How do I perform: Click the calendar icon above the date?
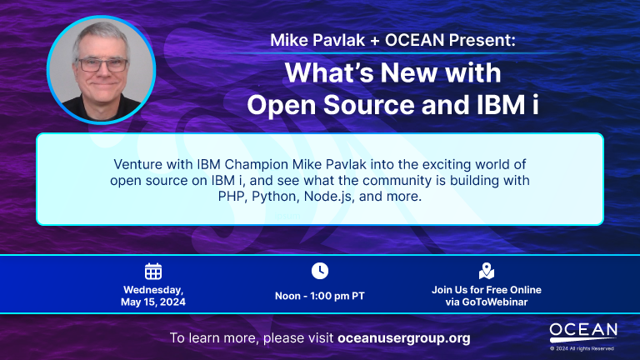pos(153,271)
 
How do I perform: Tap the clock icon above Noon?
pos(320,271)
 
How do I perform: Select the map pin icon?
pos(487,271)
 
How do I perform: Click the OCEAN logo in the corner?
pos(583,332)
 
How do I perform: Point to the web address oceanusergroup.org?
pos(404,338)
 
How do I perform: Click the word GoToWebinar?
pos(495,302)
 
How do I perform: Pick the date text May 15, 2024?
pos(153,302)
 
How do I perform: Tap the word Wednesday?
pos(153,290)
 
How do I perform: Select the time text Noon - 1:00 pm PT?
pos(320,296)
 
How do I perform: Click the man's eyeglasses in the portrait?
pos(102,64)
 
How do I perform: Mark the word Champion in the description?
pos(257,164)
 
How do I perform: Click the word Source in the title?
pos(369,105)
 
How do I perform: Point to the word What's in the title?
pos(328,72)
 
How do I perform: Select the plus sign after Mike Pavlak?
pos(375,40)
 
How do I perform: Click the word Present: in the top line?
pos(482,40)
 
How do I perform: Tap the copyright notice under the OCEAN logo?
pos(582,348)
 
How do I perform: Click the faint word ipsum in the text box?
pos(287,216)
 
